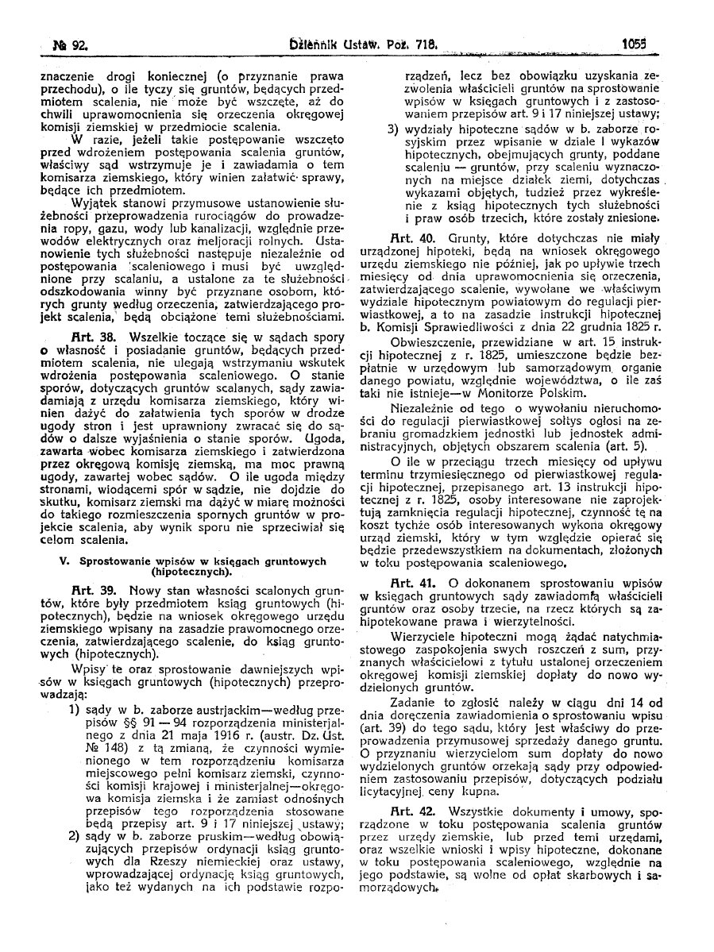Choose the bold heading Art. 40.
tap(406, 236)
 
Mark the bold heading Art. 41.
tap(406, 584)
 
